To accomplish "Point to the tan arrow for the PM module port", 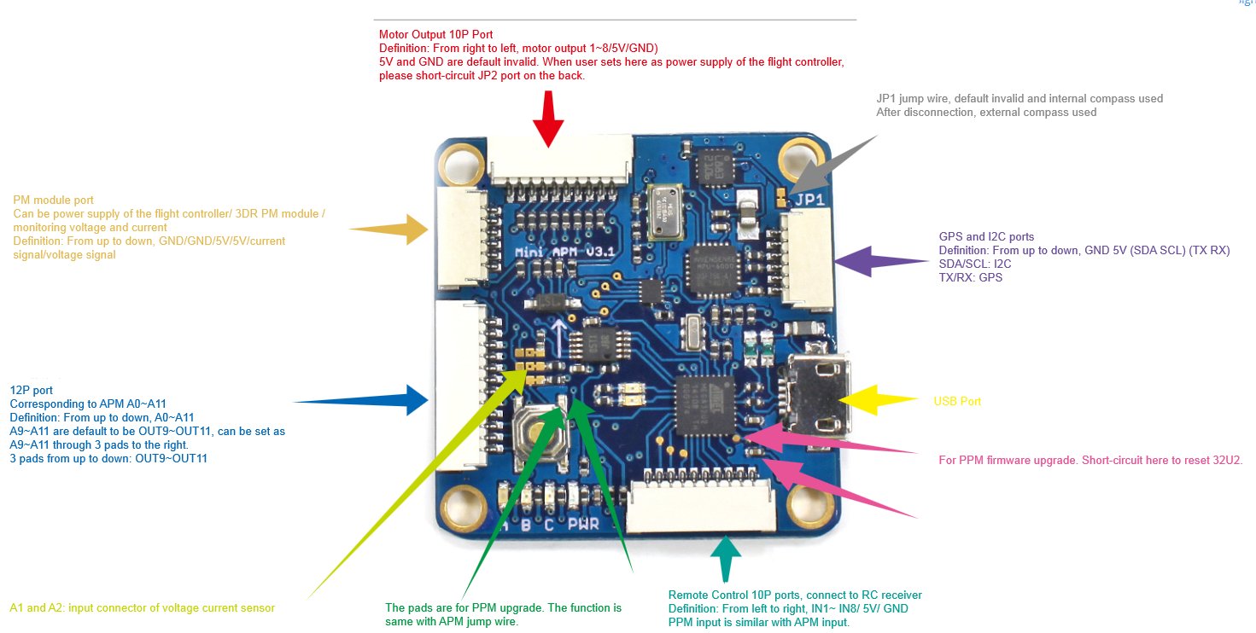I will (x=389, y=229).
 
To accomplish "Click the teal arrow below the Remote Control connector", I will (x=726, y=555).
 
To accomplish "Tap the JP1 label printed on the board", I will (x=809, y=200).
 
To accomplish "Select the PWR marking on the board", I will (x=583, y=525).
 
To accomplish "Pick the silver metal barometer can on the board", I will (x=663, y=212).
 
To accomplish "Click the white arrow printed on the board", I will (x=560, y=336).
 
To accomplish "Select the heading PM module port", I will (x=53, y=200).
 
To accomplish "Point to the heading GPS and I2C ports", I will (x=986, y=236).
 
